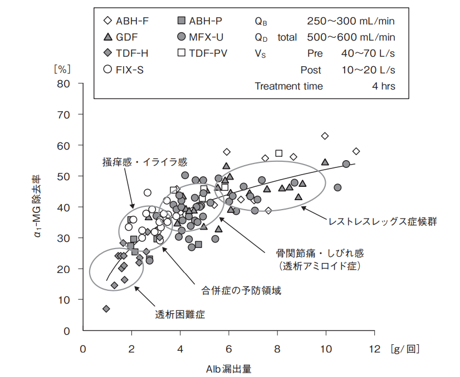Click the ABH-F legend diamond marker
point(108,21)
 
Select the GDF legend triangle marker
point(108,37)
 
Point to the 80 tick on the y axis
point(71,84)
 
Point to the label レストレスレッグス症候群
point(383,221)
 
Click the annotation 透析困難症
point(180,314)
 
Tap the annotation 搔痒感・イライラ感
point(144,162)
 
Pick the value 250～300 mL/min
point(350,21)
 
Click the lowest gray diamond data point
point(106,309)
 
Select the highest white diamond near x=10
point(325,136)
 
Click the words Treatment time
point(288,86)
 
